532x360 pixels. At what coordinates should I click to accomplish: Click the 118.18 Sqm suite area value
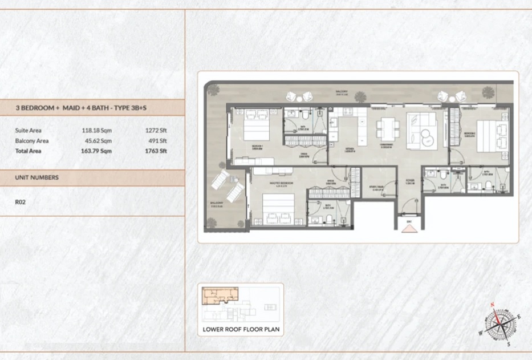(96, 130)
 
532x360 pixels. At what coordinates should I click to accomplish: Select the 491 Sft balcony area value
(156, 140)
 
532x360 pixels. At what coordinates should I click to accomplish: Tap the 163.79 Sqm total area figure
(96, 151)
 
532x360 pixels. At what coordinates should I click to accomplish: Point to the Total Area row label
(28, 151)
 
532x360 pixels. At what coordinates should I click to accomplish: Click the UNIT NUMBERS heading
(36, 177)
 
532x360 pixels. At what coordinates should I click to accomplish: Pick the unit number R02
(21, 201)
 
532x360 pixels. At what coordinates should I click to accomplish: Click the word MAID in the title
(72, 108)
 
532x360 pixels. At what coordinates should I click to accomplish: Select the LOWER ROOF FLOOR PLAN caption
(239, 329)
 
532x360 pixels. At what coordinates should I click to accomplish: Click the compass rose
(500, 322)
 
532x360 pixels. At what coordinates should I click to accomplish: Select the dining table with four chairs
(387, 127)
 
